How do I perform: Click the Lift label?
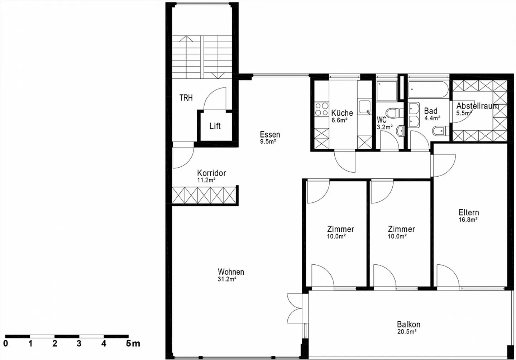click(215, 126)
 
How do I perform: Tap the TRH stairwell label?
click(186, 98)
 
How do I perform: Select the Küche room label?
click(342, 113)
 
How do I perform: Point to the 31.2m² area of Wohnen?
click(227, 279)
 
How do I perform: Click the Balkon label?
click(408, 325)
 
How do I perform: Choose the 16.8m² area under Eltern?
click(468, 220)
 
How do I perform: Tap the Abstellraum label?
click(478, 106)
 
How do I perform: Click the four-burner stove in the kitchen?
click(322, 109)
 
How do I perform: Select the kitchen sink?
click(365, 107)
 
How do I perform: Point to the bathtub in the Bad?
click(428, 90)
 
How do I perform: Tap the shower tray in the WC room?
click(387, 91)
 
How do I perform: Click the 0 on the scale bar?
click(5, 344)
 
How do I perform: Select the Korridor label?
click(211, 173)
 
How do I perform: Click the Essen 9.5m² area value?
click(268, 141)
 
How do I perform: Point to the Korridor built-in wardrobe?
click(204, 195)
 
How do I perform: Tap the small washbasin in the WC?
click(400, 131)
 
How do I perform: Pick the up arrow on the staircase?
click(186, 39)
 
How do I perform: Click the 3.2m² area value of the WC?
click(385, 127)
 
